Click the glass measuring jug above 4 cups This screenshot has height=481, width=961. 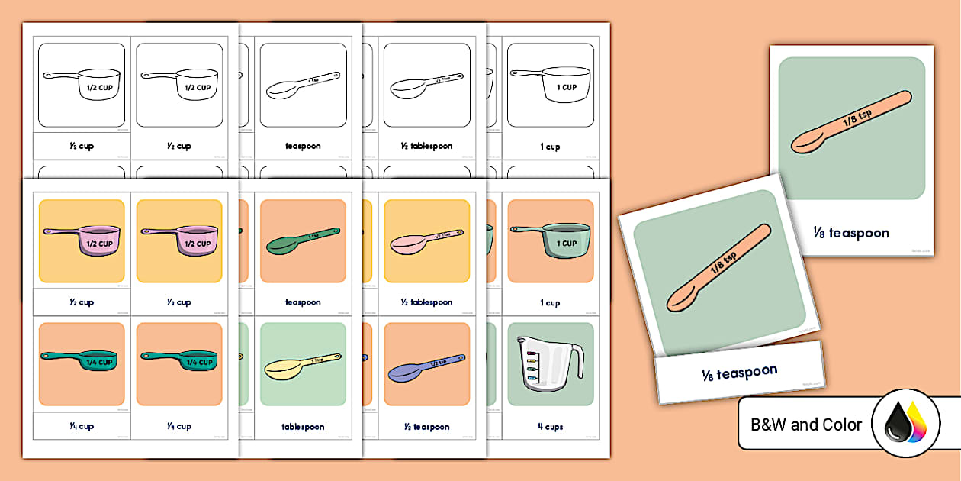[548, 365]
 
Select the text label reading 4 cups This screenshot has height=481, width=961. [550, 427]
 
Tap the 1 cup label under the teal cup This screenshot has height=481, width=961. [550, 302]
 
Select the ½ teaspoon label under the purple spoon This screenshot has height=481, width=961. [426, 427]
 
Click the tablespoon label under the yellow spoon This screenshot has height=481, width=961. [303, 427]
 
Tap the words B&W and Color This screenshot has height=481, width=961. [806, 425]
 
